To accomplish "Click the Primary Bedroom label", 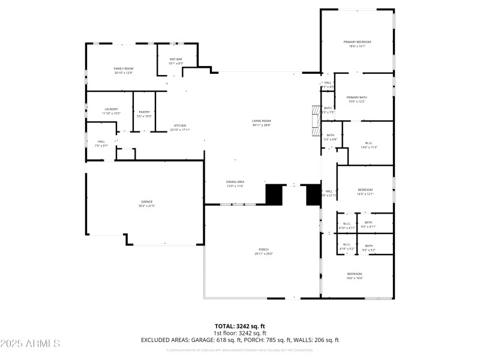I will (x=357, y=42).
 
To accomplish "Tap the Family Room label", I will (x=123, y=69).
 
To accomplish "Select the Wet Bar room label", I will (x=176, y=59).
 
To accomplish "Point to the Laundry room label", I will (x=111, y=109).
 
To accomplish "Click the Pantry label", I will (x=144, y=112).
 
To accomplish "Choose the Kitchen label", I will (x=180, y=125).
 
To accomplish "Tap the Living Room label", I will (x=262, y=121).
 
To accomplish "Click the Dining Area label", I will (x=235, y=182).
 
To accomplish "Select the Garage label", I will (x=147, y=202).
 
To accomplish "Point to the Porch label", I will (x=263, y=250).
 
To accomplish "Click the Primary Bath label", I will (x=357, y=97).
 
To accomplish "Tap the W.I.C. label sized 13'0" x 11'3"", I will (x=369, y=143).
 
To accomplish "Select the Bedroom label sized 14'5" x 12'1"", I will (x=365, y=190).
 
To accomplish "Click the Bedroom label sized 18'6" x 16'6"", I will (x=354, y=274).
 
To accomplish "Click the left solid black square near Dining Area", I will (x=274, y=194).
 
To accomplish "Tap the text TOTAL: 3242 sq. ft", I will (x=240, y=326).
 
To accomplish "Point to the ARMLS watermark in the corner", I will (x=30, y=344).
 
